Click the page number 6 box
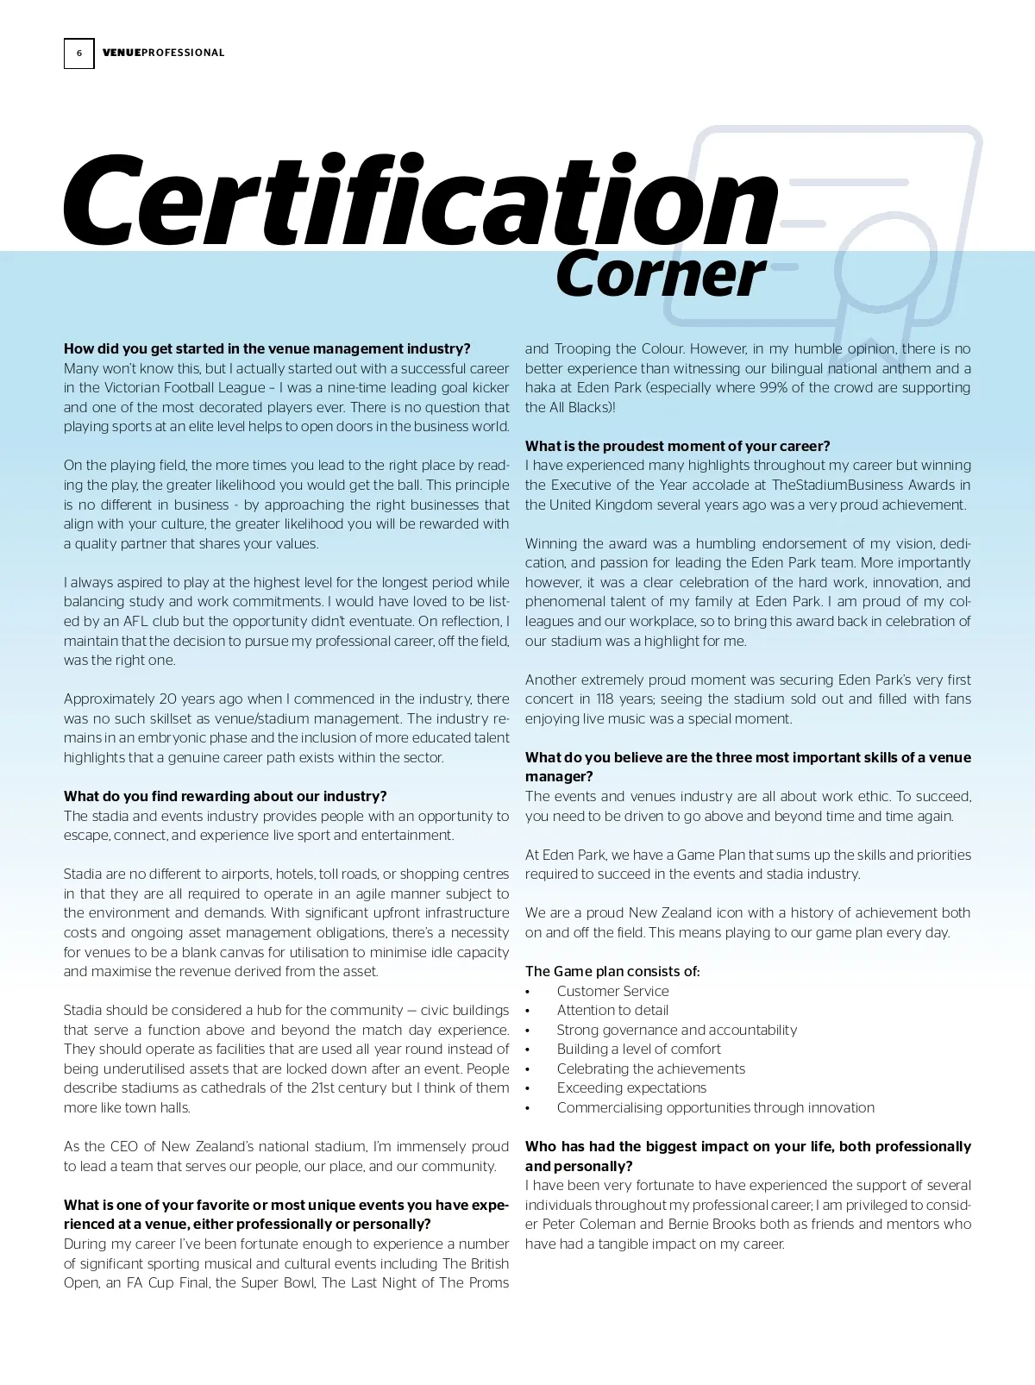point(78,53)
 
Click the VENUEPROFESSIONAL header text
point(163,53)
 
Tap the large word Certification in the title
point(420,201)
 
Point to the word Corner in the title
point(661,274)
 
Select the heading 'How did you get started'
point(267,348)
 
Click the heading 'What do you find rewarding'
point(225,796)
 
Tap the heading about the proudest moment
point(677,446)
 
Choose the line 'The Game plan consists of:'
point(612,971)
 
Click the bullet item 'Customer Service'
point(612,991)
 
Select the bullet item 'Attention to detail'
point(612,1010)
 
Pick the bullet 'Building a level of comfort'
point(638,1049)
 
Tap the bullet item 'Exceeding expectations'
point(631,1087)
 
